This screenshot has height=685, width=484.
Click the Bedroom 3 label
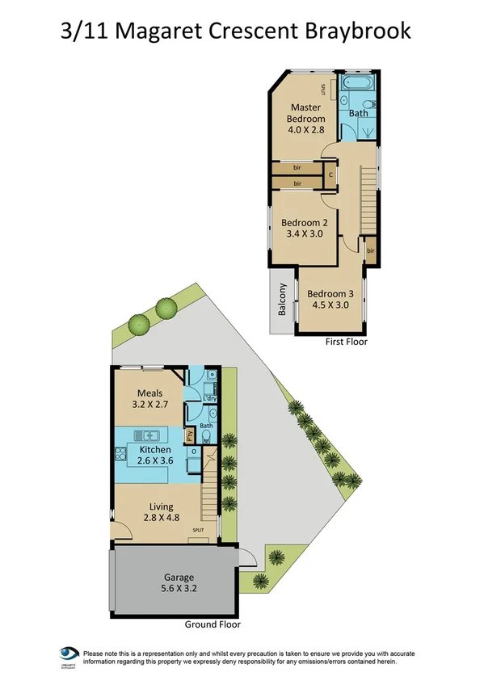point(330,293)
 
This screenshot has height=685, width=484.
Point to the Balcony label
point(282,309)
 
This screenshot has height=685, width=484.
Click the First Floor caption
point(346,342)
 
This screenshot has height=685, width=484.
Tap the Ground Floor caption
point(213,624)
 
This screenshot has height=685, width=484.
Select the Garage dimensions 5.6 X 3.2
point(179,589)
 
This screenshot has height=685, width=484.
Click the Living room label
point(161,506)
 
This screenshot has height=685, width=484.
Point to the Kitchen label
point(154,449)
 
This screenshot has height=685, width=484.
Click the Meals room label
point(149,393)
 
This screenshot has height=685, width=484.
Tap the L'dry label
point(209,398)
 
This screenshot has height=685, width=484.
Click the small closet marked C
point(330,174)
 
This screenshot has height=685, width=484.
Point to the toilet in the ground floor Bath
point(207,437)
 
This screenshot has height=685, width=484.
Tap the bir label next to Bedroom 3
point(371,252)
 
